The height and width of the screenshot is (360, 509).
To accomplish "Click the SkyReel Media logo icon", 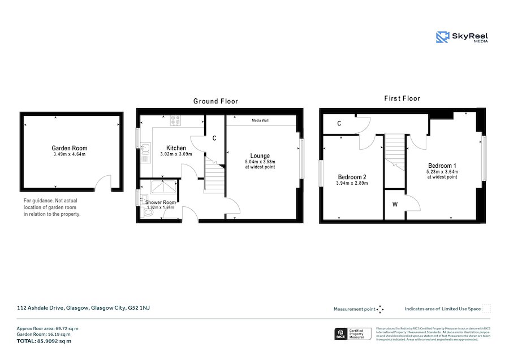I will click(443, 37).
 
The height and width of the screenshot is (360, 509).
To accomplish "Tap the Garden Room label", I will click(70, 148).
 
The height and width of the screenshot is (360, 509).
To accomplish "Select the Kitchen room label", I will click(176, 148).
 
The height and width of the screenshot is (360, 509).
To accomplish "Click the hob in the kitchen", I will click(175, 120).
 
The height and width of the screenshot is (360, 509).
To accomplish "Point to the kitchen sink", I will click(145, 150).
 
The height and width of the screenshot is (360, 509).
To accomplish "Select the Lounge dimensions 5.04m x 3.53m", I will click(261, 162).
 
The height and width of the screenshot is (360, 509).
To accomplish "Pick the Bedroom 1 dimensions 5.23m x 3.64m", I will click(443, 171).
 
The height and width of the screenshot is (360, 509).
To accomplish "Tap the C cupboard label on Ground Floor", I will click(214, 138).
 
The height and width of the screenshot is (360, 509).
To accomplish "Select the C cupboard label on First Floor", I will click(339, 124).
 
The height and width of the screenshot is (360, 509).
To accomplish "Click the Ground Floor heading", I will click(215, 101).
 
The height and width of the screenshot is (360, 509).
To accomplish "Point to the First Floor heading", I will click(402, 98).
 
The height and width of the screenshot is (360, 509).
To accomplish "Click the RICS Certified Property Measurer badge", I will click(353, 334).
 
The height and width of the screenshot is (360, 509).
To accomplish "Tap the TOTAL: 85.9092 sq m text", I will click(44, 341).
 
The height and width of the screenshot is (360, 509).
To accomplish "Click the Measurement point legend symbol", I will click(380, 309).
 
